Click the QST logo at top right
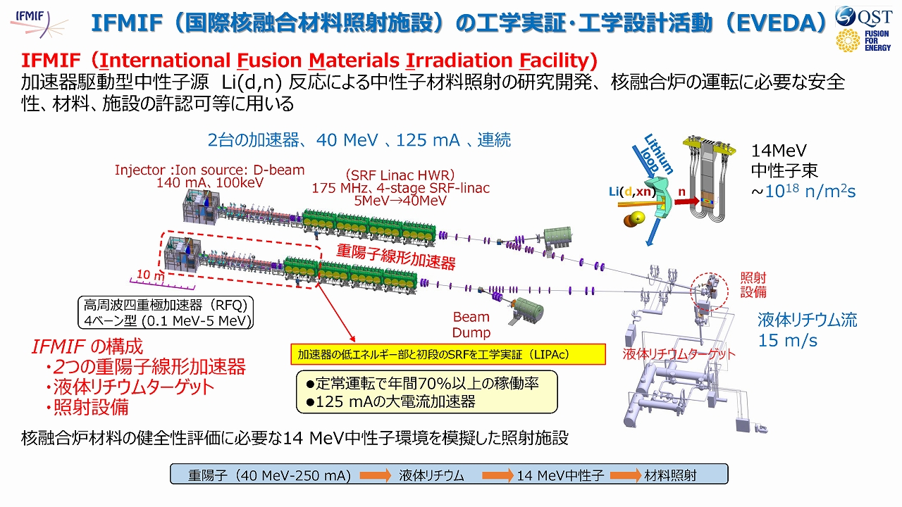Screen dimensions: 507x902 [863, 15]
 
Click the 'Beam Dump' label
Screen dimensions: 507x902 [471, 325]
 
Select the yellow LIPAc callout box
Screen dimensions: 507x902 [448, 353]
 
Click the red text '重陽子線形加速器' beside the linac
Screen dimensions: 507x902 [395, 257]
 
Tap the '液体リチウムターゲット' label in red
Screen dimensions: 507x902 [679, 354]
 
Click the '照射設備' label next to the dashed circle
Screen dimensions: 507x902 [753, 284]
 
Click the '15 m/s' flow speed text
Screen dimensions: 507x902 [788, 341]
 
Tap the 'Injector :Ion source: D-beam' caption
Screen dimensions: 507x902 [210, 170]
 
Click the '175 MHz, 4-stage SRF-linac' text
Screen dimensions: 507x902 [400, 188]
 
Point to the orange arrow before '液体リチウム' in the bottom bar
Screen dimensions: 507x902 [375, 475]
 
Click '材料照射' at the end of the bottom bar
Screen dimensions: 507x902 [670, 475]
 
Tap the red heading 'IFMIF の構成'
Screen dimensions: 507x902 [87, 346]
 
